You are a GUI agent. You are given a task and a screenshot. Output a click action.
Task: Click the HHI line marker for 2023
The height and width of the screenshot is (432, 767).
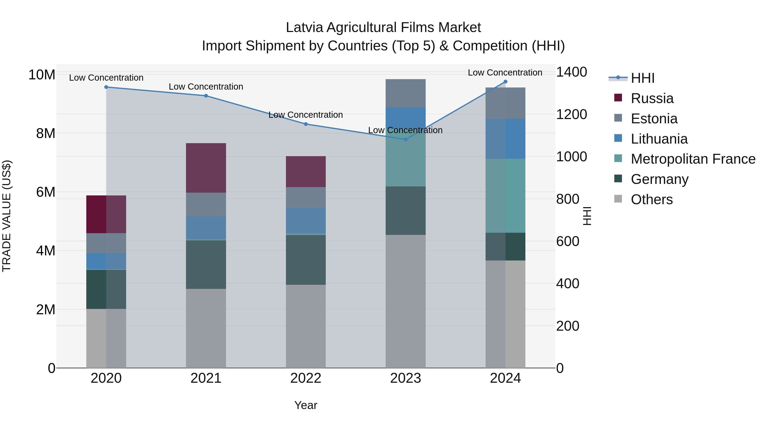click(405, 139)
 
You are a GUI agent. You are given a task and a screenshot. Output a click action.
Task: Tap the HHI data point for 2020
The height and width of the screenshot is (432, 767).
click(106, 87)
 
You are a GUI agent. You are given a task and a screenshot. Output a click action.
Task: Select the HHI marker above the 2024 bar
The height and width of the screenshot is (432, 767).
click(505, 82)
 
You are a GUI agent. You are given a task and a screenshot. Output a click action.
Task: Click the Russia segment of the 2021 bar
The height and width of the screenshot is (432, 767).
click(206, 168)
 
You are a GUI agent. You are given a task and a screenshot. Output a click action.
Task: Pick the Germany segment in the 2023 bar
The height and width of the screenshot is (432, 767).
click(405, 211)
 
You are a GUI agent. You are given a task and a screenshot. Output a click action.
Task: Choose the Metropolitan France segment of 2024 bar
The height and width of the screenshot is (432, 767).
click(505, 196)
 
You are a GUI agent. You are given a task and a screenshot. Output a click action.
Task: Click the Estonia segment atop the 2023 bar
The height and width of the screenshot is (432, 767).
click(405, 93)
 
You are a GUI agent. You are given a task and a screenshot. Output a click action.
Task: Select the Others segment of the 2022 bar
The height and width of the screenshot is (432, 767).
click(306, 326)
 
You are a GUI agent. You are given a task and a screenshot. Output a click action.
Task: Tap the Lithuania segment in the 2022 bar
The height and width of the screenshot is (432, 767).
click(306, 221)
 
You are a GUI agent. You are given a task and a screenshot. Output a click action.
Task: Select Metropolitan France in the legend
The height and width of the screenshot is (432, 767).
click(693, 159)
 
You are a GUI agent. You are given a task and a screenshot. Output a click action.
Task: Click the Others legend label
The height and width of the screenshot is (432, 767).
click(652, 199)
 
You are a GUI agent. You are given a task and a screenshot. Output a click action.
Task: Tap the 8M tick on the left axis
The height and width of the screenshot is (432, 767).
click(46, 133)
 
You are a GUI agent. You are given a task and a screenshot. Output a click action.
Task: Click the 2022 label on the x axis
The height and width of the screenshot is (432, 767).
click(306, 378)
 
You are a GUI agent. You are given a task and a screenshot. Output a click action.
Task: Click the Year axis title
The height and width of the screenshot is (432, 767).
click(306, 405)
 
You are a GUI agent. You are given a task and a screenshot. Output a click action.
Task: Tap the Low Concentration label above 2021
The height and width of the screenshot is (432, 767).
click(206, 87)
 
